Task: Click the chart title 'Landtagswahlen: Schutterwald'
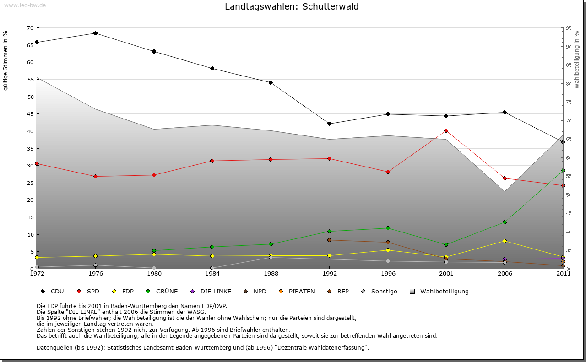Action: click(292, 7)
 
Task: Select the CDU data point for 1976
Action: click(95, 33)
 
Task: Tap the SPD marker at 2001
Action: click(446, 130)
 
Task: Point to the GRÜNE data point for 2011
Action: click(563, 170)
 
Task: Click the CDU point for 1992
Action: click(329, 124)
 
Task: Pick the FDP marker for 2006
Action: click(505, 241)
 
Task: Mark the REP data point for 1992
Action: click(329, 240)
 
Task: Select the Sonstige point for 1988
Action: click(271, 257)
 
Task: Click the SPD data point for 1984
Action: click(212, 161)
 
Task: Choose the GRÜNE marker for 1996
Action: click(388, 228)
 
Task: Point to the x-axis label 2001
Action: click(446, 274)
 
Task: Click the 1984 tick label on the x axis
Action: click(212, 274)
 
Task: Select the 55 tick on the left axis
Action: click(30, 79)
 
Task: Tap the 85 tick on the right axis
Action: click(569, 65)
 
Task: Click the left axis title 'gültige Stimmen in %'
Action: click(6, 61)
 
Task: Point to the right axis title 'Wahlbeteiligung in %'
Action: click(577, 60)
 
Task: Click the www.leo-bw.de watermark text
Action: click(25, 5)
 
